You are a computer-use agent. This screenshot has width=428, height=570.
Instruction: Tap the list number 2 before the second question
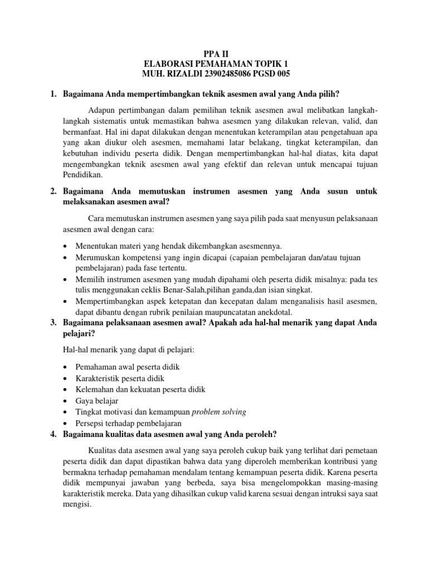(x=53, y=191)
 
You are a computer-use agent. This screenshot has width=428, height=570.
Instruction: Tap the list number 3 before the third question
(x=53, y=323)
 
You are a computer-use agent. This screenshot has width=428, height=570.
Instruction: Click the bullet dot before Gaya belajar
(x=66, y=401)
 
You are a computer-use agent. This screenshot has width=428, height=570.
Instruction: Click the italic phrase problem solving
(x=218, y=412)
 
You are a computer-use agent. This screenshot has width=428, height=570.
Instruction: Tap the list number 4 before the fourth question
(x=53, y=434)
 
